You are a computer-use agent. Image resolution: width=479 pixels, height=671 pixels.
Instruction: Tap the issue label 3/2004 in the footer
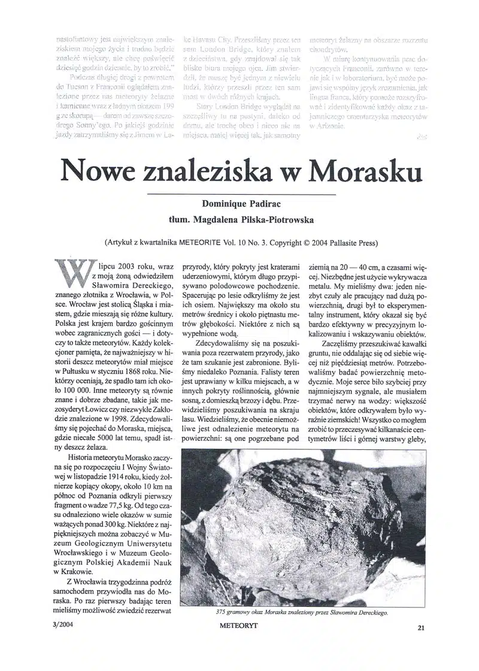point(65,624)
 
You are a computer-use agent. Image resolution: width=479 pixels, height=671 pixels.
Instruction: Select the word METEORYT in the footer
point(242,627)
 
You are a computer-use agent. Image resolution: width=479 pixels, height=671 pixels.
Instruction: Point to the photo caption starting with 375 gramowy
point(302,612)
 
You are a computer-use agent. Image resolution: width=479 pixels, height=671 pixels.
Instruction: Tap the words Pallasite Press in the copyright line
point(347,243)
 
